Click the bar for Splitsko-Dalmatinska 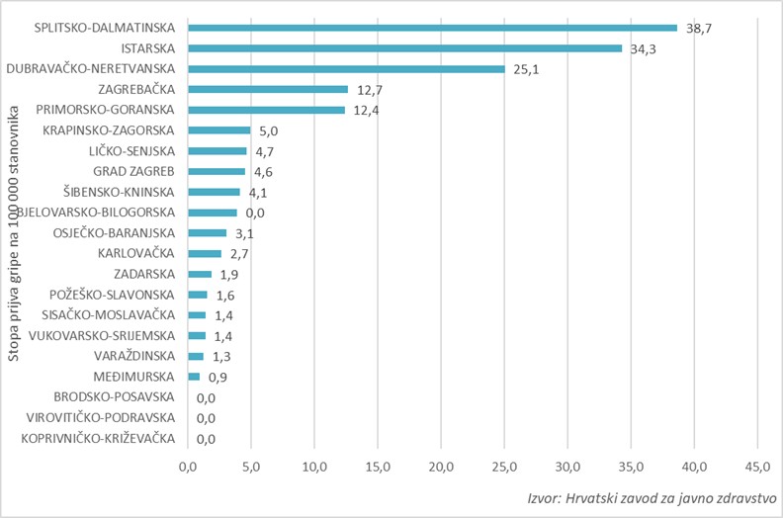pos(432,28)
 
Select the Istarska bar pos(404,47)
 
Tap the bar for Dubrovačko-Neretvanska pos(346,68)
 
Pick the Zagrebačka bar pos(268,89)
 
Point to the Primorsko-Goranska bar pos(266,110)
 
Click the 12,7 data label pos(371,90)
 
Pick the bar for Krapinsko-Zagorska pos(219,130)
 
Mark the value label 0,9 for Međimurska pos(218,378)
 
